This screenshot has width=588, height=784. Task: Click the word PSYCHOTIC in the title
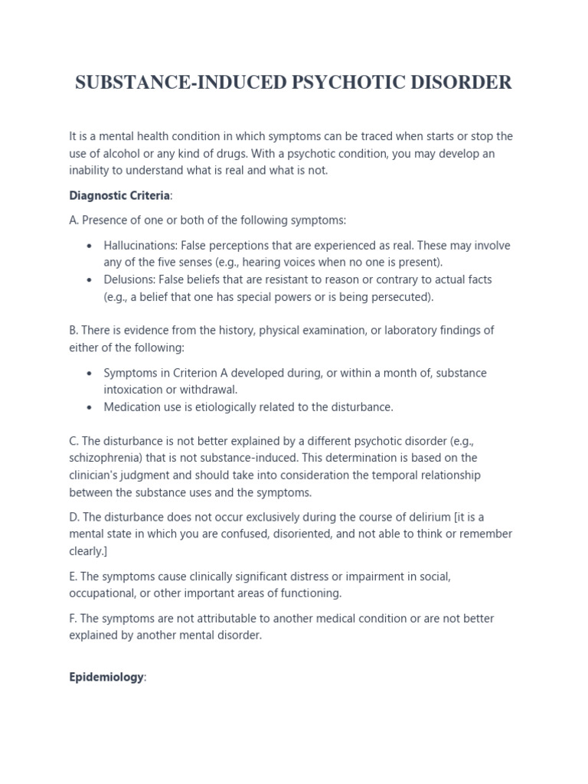340,83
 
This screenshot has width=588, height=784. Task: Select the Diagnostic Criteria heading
119,195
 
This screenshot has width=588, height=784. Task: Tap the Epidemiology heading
106,678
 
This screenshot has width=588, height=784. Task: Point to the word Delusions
128,279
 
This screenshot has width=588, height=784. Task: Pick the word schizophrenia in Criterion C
106,458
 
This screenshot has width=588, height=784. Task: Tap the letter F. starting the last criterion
73,619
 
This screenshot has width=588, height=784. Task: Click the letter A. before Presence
73,220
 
